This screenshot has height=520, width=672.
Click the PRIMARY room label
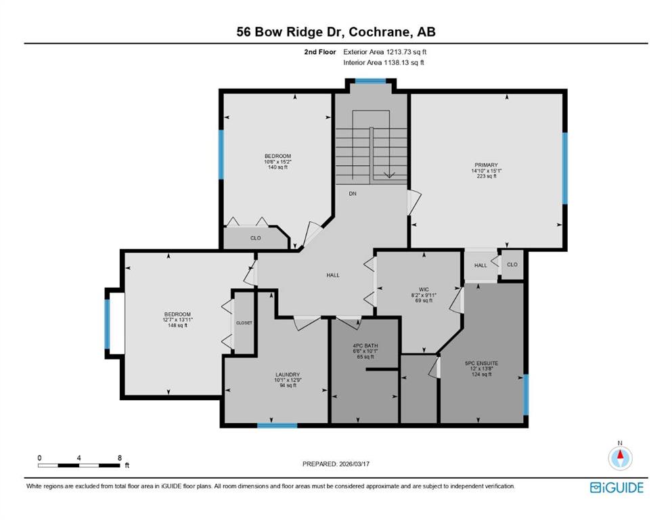(x=486, y=165)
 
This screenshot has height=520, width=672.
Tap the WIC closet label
(x=424, y=289)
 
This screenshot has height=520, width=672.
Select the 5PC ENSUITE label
(x=481, y=363)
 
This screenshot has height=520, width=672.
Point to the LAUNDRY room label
(x=288, y=374)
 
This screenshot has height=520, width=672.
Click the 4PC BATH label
(x=365, y=345)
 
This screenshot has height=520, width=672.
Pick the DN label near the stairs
(x=353, y=194)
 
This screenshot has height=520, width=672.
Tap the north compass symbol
(x=620, y=458)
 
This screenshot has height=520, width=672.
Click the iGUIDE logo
(x=617, y=487)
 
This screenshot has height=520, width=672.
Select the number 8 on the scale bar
(x=120, y=458)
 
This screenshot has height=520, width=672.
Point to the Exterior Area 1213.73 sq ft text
(x=385, y=52)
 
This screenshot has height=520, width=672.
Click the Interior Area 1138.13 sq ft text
(x=384, y=62)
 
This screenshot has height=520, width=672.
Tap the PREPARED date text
(x=336, y=464)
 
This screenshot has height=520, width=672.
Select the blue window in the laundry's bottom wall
(x=277, y=425)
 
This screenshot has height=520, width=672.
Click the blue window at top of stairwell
(x=370, y=81)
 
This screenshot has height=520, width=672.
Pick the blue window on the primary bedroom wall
(x=565, y=168)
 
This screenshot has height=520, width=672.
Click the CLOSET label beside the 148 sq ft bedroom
(x=244, y=323)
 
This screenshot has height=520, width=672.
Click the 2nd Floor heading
(x=319, y=52)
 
